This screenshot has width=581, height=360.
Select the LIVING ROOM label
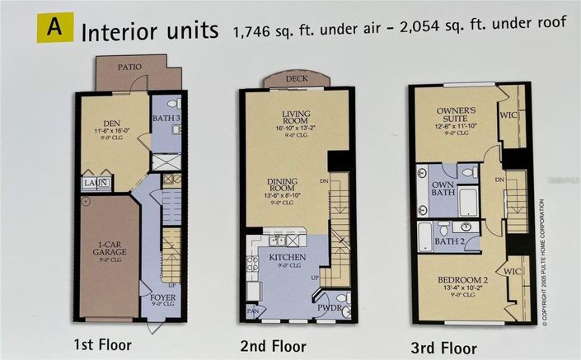click(294, 118)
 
